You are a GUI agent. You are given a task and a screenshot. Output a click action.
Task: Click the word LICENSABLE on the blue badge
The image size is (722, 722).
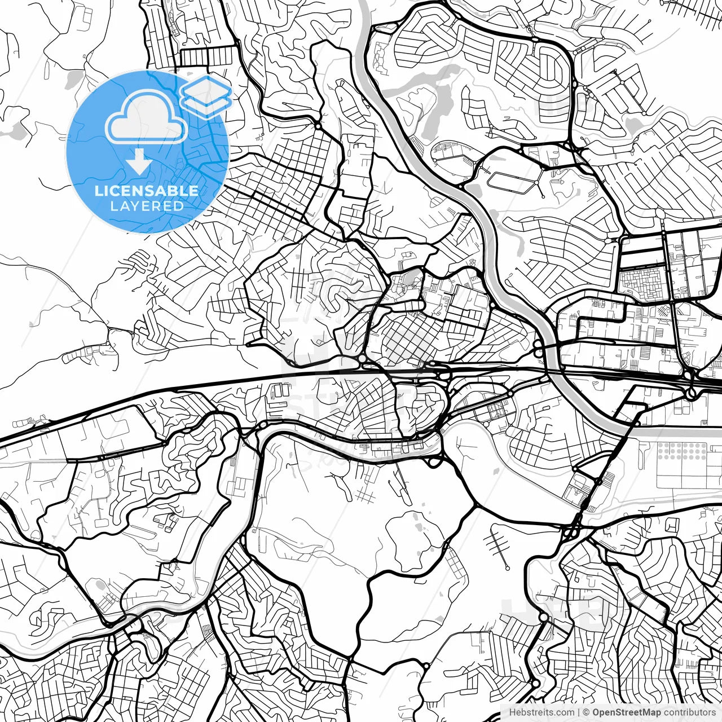coord(147,191)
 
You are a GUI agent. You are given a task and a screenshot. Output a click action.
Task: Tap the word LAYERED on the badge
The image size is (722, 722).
coord(147,206)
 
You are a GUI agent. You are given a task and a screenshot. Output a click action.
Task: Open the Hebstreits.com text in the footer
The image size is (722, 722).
coord(541,712)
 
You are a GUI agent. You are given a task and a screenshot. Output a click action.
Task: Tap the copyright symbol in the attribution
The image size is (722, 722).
coord(586,712)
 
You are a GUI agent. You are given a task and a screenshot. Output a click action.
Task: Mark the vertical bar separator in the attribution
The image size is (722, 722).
coord(579,712)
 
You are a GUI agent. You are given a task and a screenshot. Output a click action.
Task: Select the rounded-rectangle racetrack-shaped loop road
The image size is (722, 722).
coord(511,182)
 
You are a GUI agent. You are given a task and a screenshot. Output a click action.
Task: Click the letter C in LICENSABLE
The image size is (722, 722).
coord(109,191)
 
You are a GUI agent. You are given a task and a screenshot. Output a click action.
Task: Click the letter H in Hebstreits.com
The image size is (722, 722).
coord(512,712)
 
